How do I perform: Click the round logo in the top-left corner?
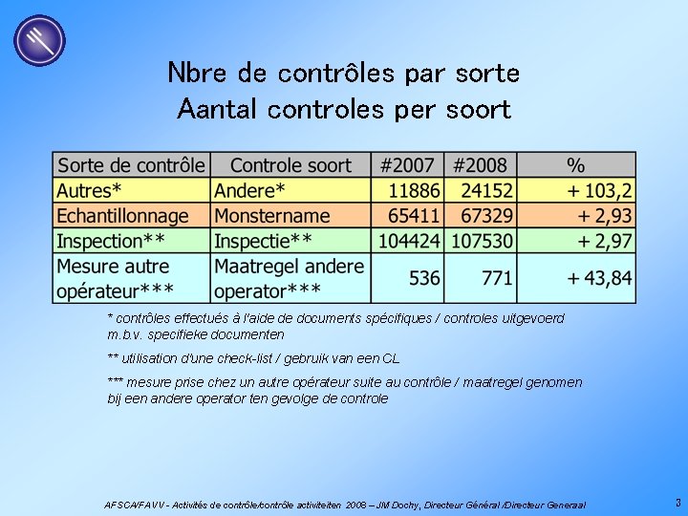pos(39,41)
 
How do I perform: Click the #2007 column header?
pos(407,165)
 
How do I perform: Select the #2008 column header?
pos(480,165)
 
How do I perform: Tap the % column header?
pos(575,165)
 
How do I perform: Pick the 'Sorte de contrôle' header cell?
pos(131,165)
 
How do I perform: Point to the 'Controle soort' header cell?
pos(290,165)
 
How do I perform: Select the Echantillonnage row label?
pos(122,216)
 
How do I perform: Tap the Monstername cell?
pos(271,216)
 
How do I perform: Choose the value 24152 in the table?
pos(483,190)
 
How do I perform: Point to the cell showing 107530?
pos(483,241)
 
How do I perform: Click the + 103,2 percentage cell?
pos(599,190)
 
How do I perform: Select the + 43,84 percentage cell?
pos(599,278)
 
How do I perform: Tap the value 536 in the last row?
pos(424,278)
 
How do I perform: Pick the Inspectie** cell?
pos(263,241)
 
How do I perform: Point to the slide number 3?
pos(677,503)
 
